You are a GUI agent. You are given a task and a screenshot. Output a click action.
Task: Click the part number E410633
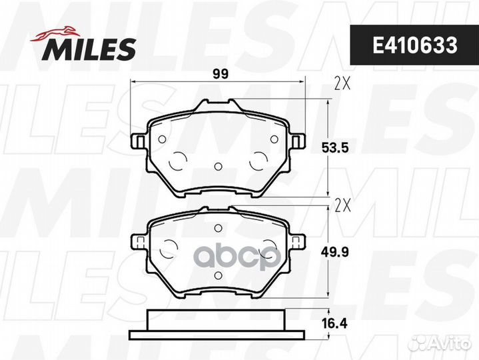414,45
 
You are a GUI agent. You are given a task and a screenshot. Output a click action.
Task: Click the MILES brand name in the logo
89,49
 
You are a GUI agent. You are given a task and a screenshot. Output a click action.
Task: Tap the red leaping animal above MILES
55,33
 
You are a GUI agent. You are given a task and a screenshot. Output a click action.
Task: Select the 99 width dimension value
221,74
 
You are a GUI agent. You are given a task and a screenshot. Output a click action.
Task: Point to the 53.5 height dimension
335,148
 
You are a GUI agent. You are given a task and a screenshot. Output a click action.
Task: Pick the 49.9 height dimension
335,253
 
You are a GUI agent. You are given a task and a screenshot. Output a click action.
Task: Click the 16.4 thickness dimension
335,323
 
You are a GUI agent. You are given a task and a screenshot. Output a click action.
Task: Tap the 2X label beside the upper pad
342,83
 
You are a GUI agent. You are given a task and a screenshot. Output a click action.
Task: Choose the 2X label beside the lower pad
342,206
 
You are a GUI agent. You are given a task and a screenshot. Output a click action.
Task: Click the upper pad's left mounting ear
139,141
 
